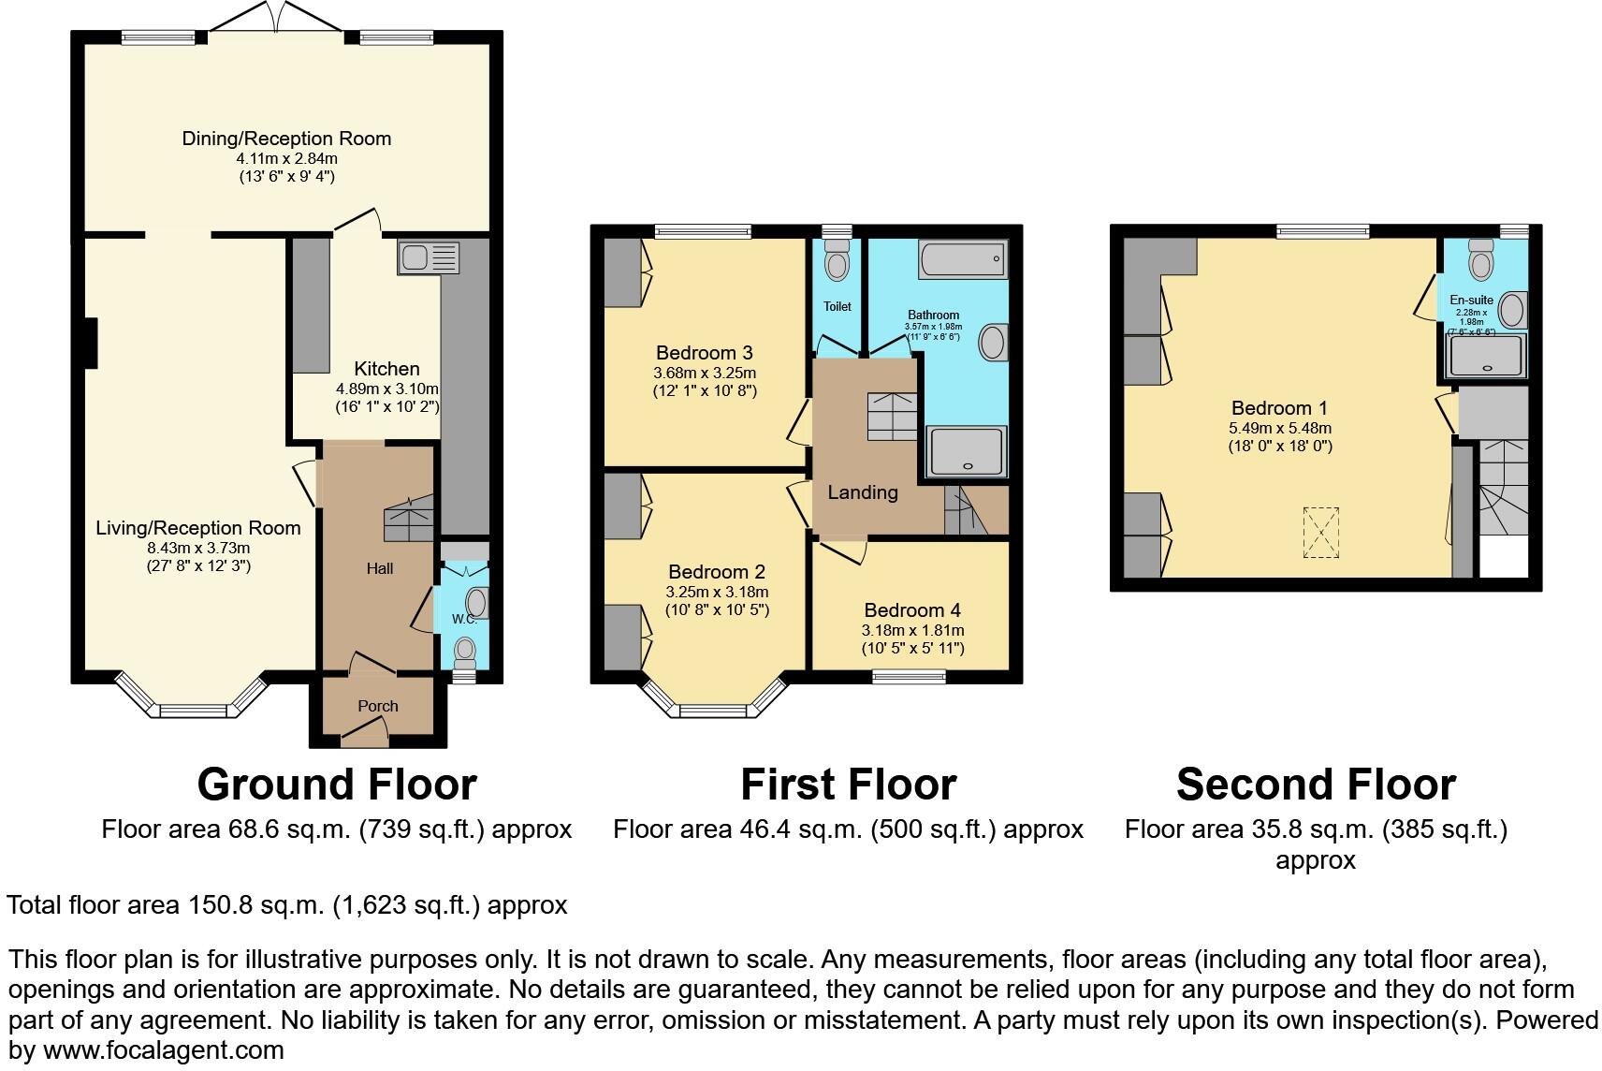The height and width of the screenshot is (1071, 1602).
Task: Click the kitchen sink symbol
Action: click(429, 257)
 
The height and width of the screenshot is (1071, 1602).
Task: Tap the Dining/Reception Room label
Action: click(286, 139)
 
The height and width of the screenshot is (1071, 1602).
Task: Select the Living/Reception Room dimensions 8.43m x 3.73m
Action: click(198, 548)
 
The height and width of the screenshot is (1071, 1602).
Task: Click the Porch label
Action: click(378, 706)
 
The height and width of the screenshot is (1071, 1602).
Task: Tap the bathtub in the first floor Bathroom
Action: click(963, 258)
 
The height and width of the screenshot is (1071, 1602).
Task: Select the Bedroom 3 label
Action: click(704, 353)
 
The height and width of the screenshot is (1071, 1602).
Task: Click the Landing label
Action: click(862, 492)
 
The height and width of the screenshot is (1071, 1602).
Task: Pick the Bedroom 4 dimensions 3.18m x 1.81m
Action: click(912, 630)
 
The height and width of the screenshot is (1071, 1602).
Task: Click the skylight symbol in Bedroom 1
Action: click(1320, 533)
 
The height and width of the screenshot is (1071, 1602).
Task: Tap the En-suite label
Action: click(1471, 301)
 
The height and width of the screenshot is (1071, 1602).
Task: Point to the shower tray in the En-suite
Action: click(1486, 356)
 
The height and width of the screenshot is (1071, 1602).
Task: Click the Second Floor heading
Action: click(1315, 785)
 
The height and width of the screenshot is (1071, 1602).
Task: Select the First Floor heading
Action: click(848, 785)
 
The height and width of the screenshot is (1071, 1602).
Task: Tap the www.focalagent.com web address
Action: click(163, 1050)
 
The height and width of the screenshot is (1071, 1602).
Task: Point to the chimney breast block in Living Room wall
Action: click(91, 342)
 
